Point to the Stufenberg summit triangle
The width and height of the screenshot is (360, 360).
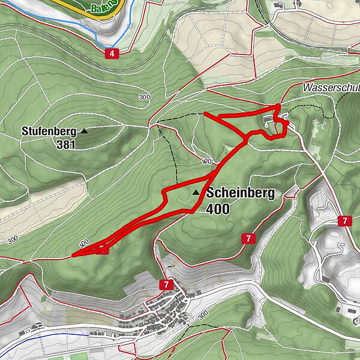tap(84, 130)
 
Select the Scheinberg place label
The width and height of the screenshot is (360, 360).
tap(240, 193)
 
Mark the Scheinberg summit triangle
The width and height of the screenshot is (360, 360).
tap(196, 193)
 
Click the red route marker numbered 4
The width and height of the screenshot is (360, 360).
tap(111, 54)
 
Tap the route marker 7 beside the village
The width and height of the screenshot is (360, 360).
tap(165, 283)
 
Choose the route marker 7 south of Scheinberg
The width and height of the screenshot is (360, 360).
tap(248, 239)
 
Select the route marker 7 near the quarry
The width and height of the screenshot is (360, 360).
tap(344, 221)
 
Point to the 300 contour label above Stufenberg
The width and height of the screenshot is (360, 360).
tap(144, 97)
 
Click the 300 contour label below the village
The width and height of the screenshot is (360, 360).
tap(202, 314)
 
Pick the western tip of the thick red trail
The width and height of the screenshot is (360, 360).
tap(73, 255)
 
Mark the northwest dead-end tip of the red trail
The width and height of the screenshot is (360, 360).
tap(205, 113)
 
